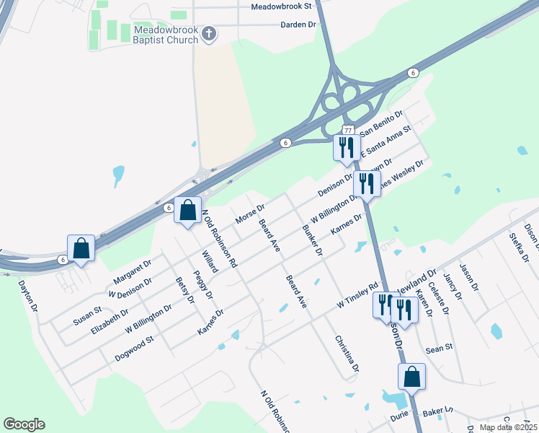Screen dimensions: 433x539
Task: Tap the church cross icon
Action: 209,33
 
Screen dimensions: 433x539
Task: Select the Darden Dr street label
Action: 298,25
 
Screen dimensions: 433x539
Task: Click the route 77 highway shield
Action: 348,130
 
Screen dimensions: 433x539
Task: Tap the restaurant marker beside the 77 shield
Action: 346,147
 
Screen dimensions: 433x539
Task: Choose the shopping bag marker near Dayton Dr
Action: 81,248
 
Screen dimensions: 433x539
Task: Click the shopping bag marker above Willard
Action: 187,211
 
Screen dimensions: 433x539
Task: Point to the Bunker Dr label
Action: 312,242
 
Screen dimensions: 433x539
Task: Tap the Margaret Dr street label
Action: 132,271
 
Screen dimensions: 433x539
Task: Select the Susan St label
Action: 87,315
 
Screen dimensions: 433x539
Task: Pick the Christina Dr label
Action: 346,354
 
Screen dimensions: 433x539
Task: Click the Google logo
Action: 24,424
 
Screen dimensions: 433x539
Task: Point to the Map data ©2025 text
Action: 508,427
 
